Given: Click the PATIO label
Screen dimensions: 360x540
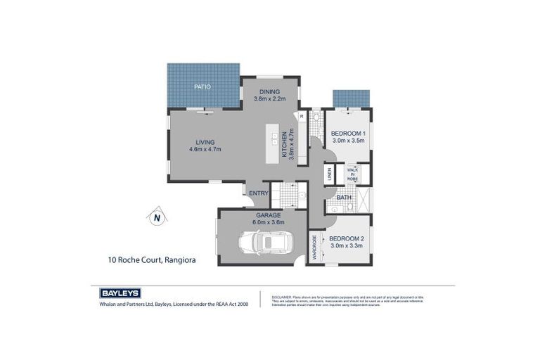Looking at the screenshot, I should pos(202,86).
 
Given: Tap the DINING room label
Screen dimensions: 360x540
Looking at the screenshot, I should pos(270,91).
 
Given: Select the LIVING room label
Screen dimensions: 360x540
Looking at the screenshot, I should pos(205,141).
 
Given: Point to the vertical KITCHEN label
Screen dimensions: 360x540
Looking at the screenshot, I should pos(285,145).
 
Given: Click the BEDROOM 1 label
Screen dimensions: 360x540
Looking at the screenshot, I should pos(347,133).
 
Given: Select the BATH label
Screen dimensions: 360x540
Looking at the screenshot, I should pos(344,198).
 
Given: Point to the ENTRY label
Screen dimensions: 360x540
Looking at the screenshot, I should pos(258,193).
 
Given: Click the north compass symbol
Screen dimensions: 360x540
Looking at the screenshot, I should pos(157,217).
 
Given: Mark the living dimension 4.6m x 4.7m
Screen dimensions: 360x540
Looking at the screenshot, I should pos(205,149).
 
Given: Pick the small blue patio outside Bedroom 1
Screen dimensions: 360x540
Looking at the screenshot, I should pos(351,98).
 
